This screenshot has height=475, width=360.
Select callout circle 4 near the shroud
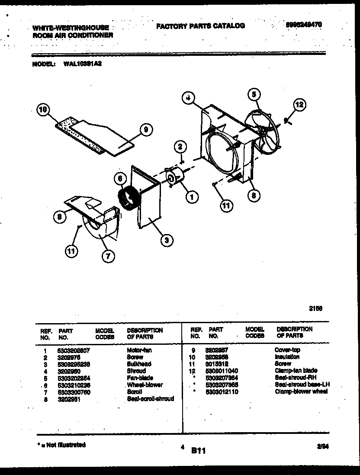point(187,98)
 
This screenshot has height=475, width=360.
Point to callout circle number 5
point(254,93)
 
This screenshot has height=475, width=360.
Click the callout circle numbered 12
point(299,104)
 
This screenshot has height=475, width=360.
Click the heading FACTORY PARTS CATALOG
point(200,26)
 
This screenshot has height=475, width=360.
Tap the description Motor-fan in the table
point(139,350)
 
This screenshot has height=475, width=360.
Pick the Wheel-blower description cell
point(145,385)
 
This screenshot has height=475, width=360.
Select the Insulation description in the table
point(287,357)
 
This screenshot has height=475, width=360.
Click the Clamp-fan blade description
point(296,371)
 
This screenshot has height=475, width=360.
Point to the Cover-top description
point(287,350)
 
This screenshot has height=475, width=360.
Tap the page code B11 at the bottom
point(198,451)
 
